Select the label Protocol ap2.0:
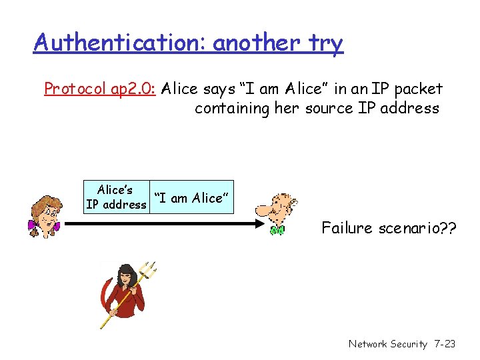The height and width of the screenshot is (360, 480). (99, 89)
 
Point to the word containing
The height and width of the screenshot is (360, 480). (232, 108)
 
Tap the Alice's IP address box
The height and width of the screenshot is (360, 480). (116, 197)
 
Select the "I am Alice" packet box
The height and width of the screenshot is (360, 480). (192, 197)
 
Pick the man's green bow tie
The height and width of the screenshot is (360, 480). (277, 231)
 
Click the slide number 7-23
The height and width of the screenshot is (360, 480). (444, 344)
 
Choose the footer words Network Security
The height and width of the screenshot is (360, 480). (387, 344)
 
